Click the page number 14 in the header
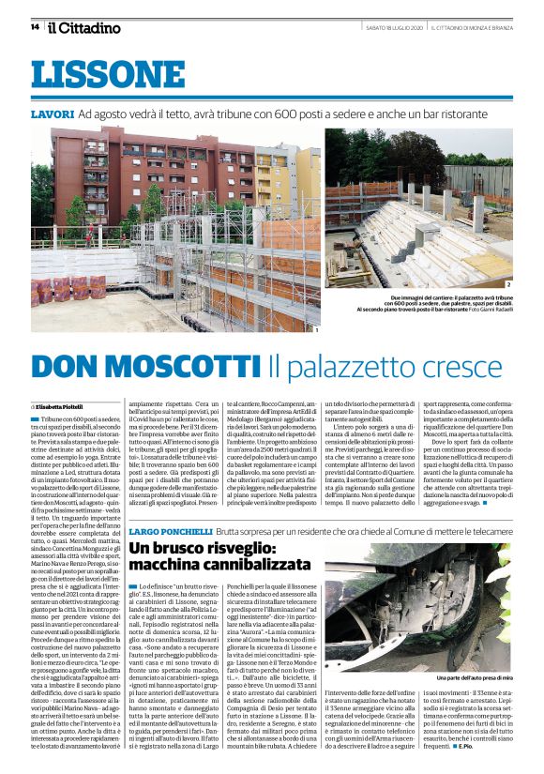(36, 27)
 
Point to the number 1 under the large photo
(317, 329)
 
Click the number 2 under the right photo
(508, 283)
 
